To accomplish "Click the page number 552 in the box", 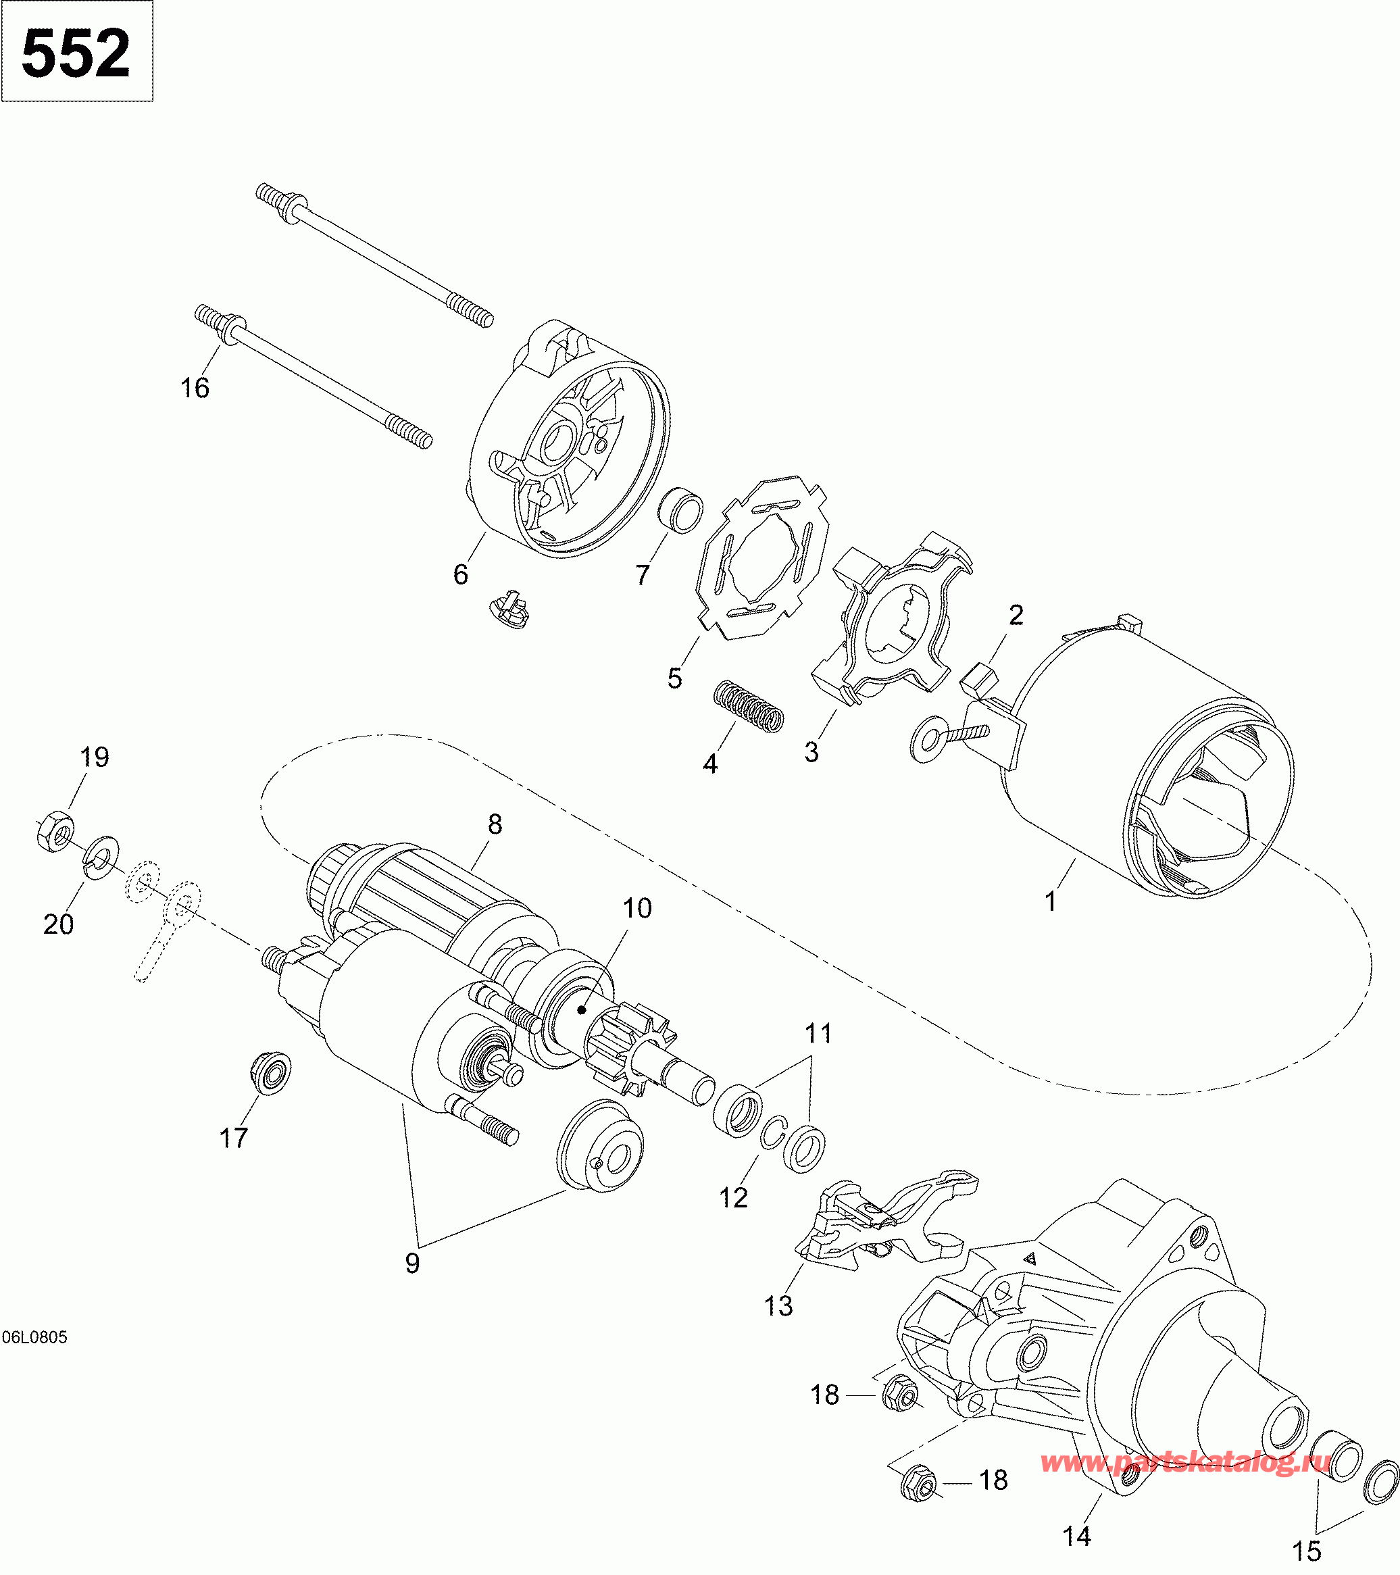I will [x=76, y=53].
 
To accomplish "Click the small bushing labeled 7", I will [x=680, y=509].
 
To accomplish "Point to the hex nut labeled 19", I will [x=55, y=832].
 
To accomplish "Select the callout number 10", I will [x=636, y=909].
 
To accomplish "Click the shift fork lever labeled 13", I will [x=886, y=1222].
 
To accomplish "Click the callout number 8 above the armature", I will [x=495, y=824].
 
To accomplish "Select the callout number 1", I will [x=1050, y=901].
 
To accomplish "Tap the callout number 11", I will [x=818, y=1033].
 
